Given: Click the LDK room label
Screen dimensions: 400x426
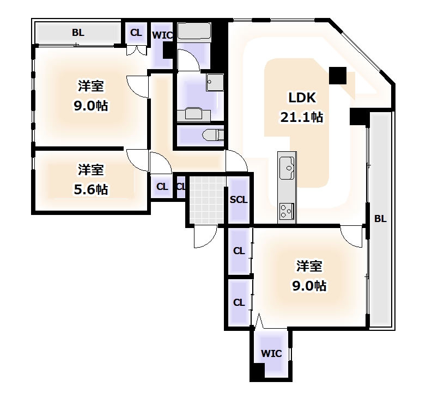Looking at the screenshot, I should (302, 99).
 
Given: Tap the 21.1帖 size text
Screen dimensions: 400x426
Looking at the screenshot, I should (302, 116).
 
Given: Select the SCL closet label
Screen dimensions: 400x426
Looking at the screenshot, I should (238, 200).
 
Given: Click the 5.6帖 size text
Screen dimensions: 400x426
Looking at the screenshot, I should (91, 189).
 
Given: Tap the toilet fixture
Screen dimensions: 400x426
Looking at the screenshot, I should (210, 134).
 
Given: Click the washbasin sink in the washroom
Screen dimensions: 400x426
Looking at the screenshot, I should (214, 83).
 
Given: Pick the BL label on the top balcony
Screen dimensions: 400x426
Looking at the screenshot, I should (78, 33).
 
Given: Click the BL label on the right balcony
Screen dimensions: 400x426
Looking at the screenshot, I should (380, 219).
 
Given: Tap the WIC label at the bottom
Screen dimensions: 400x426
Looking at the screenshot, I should (271, 353).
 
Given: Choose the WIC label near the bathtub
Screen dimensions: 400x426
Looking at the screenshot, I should (162, 36).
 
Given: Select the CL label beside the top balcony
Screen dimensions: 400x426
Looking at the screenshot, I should (136, 33).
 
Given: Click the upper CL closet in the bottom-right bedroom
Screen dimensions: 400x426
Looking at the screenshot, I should (239, 251).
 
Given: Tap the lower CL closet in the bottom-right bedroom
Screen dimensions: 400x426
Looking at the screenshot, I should (239, 303).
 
